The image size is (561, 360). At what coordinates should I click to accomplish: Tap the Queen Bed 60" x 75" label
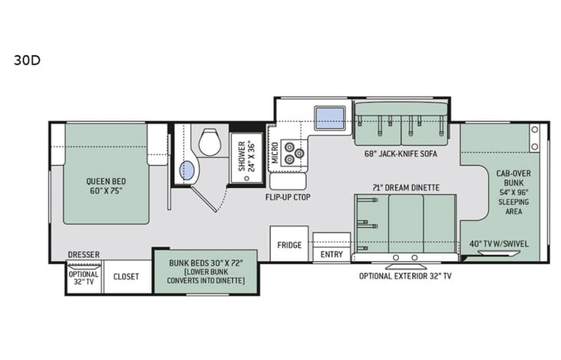pos(104,187)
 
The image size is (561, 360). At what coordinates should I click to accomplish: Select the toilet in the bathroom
pos(210,142)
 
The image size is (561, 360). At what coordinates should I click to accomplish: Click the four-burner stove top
pos(292,153)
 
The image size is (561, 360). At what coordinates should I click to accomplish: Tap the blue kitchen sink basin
pos(331,118)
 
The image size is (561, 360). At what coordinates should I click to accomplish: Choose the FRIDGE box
pos(289,246)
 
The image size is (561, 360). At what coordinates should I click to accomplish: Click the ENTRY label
pos(332,254)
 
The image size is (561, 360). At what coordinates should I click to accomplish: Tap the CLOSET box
pos(126,276)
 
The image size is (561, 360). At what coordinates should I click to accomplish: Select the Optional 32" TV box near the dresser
pos(84,277)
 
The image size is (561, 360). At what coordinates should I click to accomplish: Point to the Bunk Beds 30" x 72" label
pos(205,272)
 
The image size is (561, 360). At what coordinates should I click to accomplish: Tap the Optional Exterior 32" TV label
pos(404,276)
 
